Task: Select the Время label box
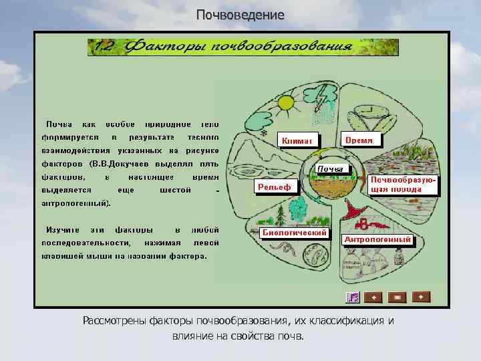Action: pyautogui.click(x=362, y=140)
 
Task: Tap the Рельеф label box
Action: pyautogui.click(x=275, y=187)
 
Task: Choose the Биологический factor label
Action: pyautogui.click(x=294, y=233)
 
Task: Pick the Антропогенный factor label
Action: pyautogui.click(x=377, y=239)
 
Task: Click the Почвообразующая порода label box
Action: pyautogui.click(x=405, y=185)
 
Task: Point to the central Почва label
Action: pyautogui.click(x=331, y=168)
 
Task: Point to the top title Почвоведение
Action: pyautogui.click(x=240, y=15)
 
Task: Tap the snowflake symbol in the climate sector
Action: pyautogui.click(x=265, y=133)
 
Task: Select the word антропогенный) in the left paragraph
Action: pyautogui.click(x=77, y=203)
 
